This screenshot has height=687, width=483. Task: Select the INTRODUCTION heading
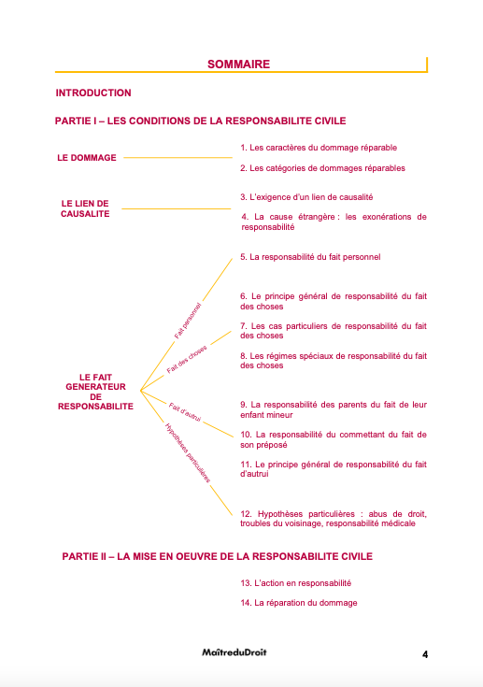click(93, 93)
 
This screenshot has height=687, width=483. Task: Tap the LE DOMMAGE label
click(87, 158)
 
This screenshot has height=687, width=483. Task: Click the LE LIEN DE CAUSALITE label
click(85, 208)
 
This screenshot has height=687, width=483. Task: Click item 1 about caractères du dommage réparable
click(318, 148)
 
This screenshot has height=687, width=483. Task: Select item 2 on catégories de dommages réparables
click(322, 168)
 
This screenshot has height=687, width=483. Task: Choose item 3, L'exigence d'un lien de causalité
click(306, 197)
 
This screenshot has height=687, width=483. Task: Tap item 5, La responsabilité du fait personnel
click(310, 256)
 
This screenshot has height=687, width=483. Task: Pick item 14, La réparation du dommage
click(298, 603)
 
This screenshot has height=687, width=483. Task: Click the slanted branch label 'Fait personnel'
click(188, 320)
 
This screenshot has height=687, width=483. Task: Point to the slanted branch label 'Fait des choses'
click(187, 360)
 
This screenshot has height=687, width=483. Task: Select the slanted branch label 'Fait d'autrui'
click(186, 411)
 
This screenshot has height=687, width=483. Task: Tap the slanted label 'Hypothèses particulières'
click(187, 452)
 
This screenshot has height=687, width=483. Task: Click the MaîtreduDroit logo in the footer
click(234, 652)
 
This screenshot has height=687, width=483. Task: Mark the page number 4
click(425, 654)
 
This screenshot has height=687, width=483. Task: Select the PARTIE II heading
click(217, 556)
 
